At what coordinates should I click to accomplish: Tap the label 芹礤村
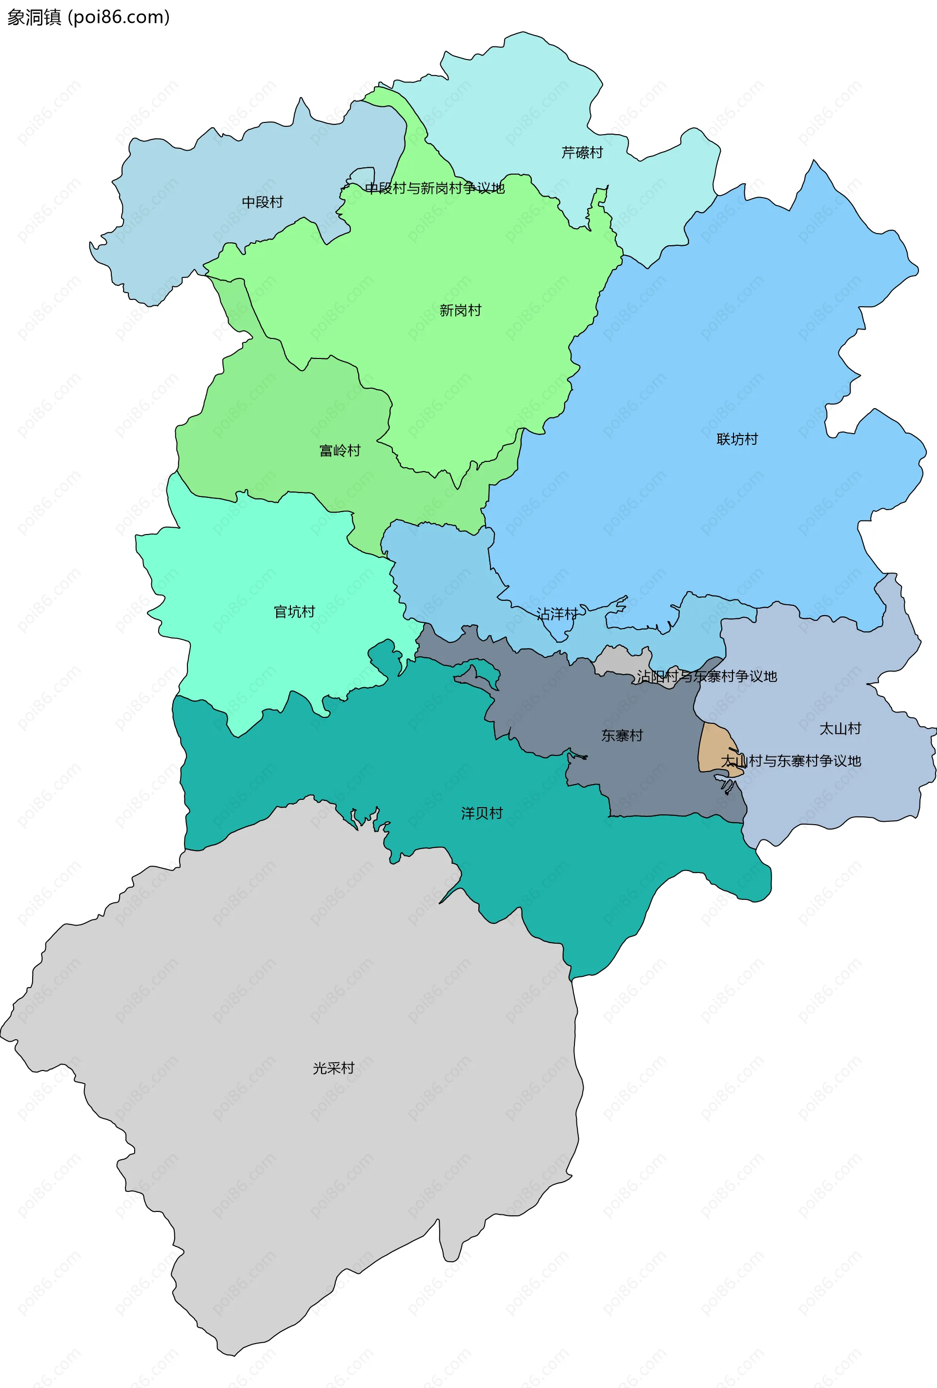[x=582, y=153]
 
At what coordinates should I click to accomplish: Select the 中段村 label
[x=263, y=202]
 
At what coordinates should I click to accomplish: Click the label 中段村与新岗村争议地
[x=434, y=188]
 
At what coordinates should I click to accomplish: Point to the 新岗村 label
[x=460, y=311]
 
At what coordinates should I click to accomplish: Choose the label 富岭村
[x=340, y=451]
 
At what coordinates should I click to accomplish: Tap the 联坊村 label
[x=737, y=439]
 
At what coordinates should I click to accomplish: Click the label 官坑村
[x=294, y=612]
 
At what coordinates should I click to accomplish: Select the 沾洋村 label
[x=556, y=614]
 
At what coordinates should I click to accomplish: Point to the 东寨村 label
[x=621, y=736]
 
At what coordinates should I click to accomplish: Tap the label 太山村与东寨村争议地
[x=790, y=761]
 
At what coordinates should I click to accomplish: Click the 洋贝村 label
[x=482, y=813]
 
